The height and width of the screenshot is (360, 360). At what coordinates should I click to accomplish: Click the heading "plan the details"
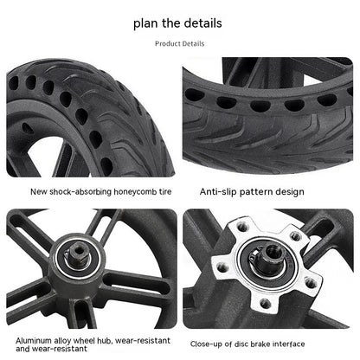point(177,23)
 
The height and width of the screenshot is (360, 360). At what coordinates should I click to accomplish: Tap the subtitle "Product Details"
point(180,43)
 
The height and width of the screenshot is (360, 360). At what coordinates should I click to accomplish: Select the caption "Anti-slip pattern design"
point(252,192)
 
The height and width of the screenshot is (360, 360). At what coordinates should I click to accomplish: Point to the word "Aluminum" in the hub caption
point(34,341)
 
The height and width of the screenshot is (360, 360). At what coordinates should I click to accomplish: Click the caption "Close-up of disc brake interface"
point(247,344)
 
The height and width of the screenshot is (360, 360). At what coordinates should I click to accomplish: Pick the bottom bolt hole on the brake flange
point(265,303)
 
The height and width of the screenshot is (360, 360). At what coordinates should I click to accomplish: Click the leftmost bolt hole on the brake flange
point(222,267)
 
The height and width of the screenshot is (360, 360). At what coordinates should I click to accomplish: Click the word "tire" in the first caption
point(165,192)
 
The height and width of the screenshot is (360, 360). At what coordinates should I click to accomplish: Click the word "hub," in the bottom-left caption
point(104,341)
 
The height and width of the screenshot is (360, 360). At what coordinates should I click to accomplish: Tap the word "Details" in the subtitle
point(193,43)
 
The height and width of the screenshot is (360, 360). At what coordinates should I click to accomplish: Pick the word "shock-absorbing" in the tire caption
point(80,192)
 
